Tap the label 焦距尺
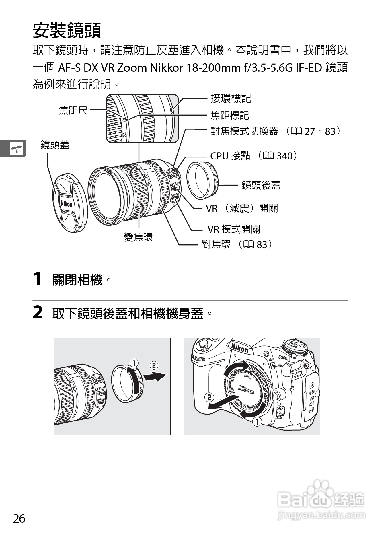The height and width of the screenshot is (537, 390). [x=73, y=110]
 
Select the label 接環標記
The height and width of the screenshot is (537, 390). [x=231, y=98]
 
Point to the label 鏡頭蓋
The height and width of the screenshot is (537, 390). [x=55, y=145]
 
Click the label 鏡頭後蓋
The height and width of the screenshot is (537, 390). [x=261, y=185]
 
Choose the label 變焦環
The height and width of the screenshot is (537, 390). [x=138, y=237]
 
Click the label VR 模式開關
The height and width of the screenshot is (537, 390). [x=234, y=229]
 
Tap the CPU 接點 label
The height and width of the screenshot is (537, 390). [x=230, y=156]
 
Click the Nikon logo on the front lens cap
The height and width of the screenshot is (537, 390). [x=66, y=204]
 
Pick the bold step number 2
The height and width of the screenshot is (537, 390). [x=38, y=312]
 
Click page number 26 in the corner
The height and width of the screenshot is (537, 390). [x=19, y=518]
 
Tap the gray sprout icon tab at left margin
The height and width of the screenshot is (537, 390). [x=16, y=148]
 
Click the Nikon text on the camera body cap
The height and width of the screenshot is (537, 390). [x=246, y=390]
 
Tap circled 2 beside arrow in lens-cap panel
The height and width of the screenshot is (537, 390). [x=154, y=365]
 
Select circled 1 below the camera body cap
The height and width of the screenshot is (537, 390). [x=257, y=422]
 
